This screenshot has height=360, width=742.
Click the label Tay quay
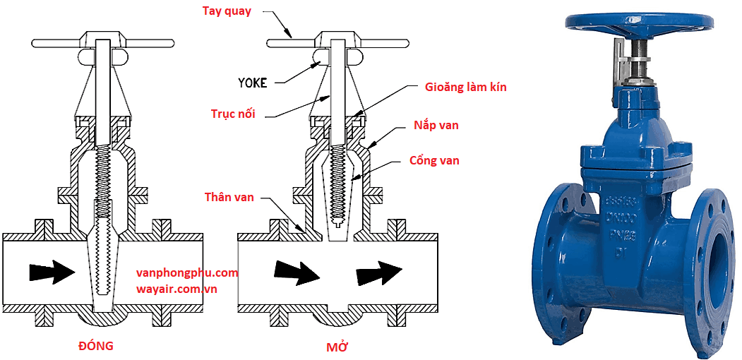(x=227, y=11)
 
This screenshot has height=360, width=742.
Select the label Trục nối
(x=234, y=114)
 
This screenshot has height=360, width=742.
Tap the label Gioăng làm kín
(x=465, y=88)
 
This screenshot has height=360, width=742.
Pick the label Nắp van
(x=436, y=125)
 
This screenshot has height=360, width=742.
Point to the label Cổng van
(x=434, y=161)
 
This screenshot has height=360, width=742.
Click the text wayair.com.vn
(x=177, y=289)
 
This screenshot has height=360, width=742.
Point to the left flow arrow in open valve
(x=297, y=272)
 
